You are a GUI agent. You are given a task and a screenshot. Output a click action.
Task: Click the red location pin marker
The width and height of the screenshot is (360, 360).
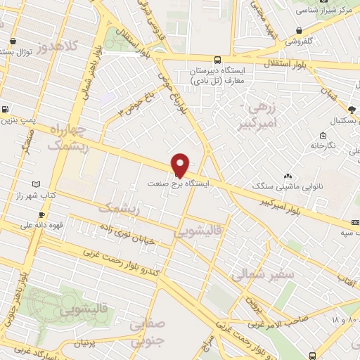tap(181, 165)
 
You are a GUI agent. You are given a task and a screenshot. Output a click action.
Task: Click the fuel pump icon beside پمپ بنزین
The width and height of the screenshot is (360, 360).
tap(6, 109)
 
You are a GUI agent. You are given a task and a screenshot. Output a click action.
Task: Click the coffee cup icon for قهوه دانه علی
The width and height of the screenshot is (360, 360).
tap(41, 214)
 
